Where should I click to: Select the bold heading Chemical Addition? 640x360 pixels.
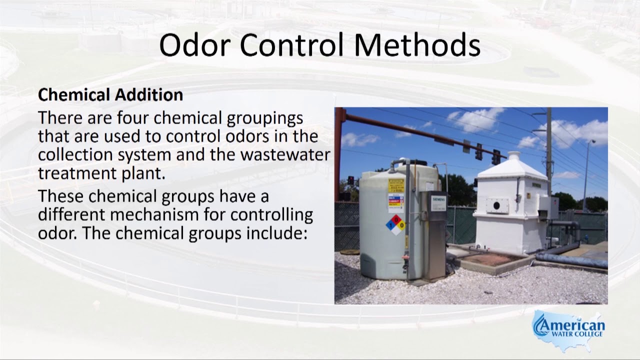click(x=110, y=94)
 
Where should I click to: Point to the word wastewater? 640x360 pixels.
click(x=285, y=154)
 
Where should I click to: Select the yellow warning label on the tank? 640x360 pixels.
click(x=395, y=185)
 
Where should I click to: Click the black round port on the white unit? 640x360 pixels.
click(x=496, y=205)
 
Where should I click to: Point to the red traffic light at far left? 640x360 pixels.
click(x=350, y=180)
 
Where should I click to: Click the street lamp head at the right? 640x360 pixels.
click(x=592, y=142)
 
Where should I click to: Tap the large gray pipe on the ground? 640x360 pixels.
click(x=570, y=260)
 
